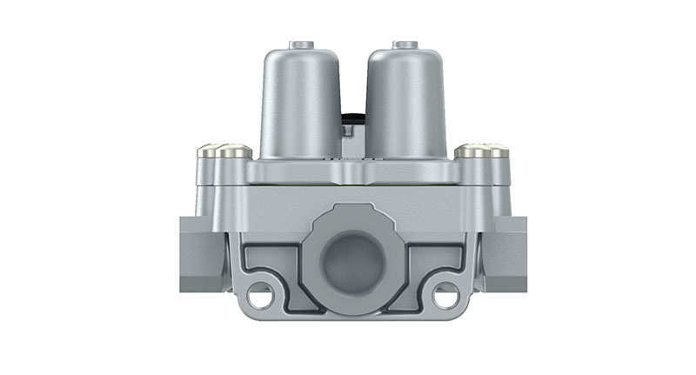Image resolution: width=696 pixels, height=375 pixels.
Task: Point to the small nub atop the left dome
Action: (x=300, y=43)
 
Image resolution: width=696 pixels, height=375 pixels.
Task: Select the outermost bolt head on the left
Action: (x=208, y=152)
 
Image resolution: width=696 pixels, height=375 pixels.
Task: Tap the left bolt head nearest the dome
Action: (x=233, y=152)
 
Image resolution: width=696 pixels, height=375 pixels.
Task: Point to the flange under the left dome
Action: (x=296, y=171)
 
